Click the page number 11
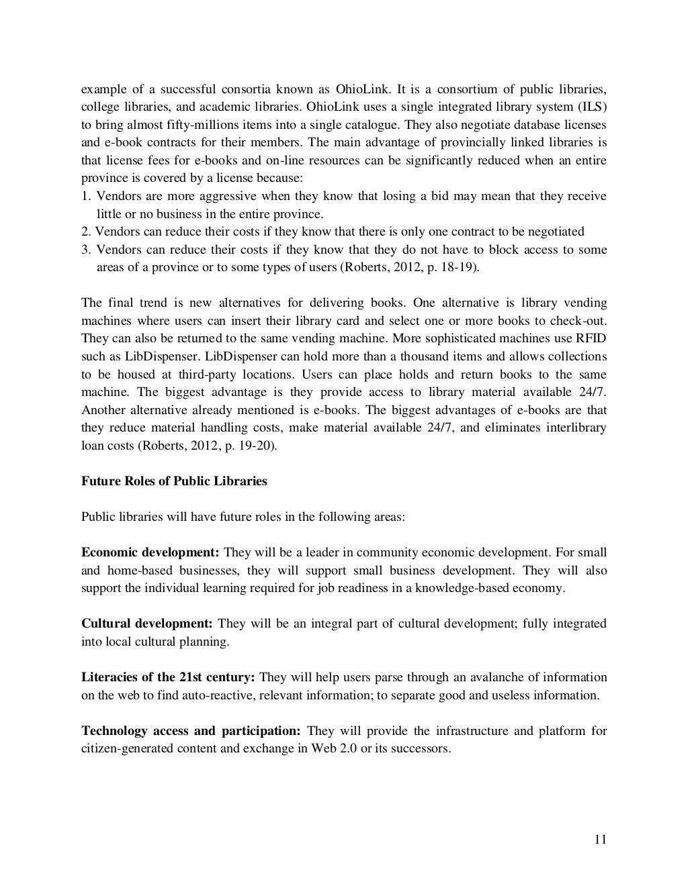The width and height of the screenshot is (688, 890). tap(600, 839)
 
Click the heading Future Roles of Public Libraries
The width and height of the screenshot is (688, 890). tap(174, 481)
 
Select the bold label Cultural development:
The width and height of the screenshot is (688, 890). tap(147, 624)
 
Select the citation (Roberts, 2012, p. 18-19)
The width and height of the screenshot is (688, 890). tap(408, 267)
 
